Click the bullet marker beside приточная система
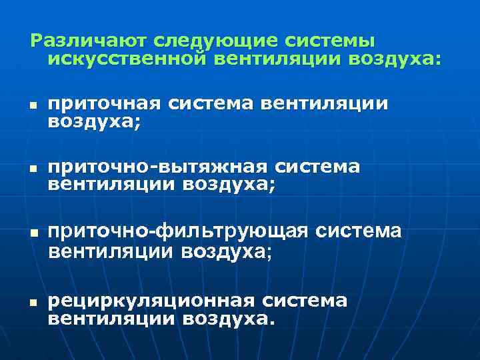coord(31,106)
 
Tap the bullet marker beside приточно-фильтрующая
coord(31,233)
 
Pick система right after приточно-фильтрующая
coord(359,231)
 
